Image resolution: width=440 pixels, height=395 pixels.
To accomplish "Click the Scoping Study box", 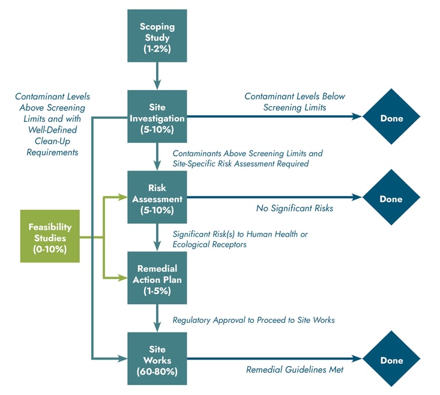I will tap(157, 37).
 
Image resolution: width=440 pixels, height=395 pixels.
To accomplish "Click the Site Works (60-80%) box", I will tap(157, 359).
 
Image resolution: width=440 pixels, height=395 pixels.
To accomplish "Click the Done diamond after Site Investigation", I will tap(391, 118).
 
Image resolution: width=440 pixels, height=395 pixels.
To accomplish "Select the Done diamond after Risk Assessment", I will tap(391, 199).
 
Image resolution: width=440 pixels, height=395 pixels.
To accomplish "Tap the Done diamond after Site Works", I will tap(391, 360).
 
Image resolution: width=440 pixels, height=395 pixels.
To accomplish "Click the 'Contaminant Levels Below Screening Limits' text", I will tap(294, 101).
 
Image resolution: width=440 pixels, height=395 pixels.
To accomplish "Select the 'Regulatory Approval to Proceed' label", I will tap(253, 320).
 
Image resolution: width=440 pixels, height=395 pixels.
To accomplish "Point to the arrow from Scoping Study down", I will tap(157, 75).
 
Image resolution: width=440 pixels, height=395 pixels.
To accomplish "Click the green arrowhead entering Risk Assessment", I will tap(123, 197).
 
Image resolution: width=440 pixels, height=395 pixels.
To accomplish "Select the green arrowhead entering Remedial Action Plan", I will tap(123, 278).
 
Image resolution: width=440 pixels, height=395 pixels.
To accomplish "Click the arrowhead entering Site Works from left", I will tap(123, 359).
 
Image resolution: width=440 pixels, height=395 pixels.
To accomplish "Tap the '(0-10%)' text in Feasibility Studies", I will tap(50, 249).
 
